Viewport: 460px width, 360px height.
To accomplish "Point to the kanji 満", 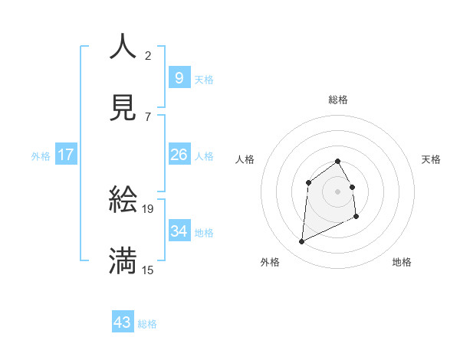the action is pyautogui.click(x=123, y=261).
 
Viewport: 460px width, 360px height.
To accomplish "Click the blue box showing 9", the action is pyautogui.click(x=179, y=77).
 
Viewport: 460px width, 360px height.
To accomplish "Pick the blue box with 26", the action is pyautogui.click(x=179, y=155).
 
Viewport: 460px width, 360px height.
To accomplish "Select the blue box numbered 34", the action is pyautogui.click(x=179, y=231).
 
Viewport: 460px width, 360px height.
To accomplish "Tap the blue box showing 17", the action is pyautogui.click(x=66, y=155).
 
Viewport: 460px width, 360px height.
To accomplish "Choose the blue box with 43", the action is pyautogui.click(x=123, y=322).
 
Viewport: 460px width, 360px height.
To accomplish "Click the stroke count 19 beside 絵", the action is pyautogui.click(x=148, y=208).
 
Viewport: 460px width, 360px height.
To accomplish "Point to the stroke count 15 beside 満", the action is pyautogui.click(x=148, y=270).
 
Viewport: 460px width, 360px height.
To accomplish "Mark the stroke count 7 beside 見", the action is pyautogui.click(x=148, y=116).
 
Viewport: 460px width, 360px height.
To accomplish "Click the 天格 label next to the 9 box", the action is pyautogui.click(x=204, y=79).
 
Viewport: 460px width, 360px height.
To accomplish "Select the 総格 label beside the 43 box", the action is pyautogui.click(x=147, y=324).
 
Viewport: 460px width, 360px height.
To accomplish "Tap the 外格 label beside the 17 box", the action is pyautogui.click(x=41, y=156).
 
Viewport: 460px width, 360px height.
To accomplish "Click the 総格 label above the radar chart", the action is pyautogui.click(x=338, y=100).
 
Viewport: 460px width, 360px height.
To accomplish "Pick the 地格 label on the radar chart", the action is pyautogui.click(x=402, y=262).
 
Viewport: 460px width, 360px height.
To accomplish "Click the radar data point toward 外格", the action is pyautogui.click(x=301, y=242).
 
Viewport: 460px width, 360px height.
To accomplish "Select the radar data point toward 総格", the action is pyautogui.click(x=337, y=161).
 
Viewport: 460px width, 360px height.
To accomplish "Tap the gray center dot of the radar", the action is pyautogui.click(x=337, y=191).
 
